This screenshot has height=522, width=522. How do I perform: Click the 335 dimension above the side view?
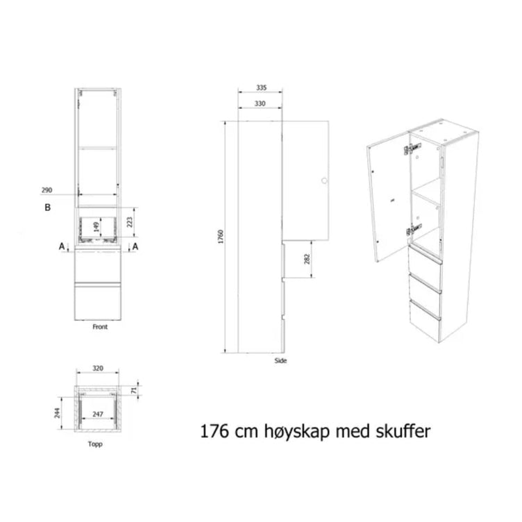[261, 87]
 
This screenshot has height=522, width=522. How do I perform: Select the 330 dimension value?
[260, 103]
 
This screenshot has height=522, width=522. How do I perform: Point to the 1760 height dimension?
[221, 237]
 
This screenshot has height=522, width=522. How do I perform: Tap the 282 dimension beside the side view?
[307, 259]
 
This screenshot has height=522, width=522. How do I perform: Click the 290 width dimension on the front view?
[47, 190]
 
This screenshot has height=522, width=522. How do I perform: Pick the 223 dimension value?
[130, 222]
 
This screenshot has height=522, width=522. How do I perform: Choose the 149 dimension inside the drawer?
[96, 227]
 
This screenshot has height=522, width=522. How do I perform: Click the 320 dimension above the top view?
[98, 368]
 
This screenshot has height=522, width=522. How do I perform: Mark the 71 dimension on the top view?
[134, 391]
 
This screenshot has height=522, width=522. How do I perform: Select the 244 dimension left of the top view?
[58, 414]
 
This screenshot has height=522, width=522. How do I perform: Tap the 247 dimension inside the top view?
[98, 414]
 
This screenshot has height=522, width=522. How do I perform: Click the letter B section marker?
[48, 208]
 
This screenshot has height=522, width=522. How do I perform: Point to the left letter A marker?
[62, 246]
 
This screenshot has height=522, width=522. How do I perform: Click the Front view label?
[100, 327]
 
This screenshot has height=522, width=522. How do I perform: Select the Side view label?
[280, 360]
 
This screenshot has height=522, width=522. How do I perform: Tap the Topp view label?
[95, 444]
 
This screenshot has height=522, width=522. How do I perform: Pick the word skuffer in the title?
[403, 431]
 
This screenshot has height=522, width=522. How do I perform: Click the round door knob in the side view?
[324, 180]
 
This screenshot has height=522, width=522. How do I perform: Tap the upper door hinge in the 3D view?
[412, 149]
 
